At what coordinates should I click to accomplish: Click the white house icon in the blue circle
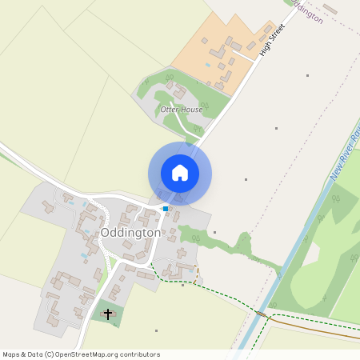pyautogui.click(x=180, y=173)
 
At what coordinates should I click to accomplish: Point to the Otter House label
pyautogui.click(x=182, y=109)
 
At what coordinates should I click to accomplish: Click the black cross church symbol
pyautogui.click(x=108, y=314)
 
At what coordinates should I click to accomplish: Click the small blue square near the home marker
pyautogui.click(x=166, y=209)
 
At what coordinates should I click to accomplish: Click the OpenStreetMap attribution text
pyautogui.click(x=82, y=354)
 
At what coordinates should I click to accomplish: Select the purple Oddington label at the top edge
pyautogui.click(x=308, y=10)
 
